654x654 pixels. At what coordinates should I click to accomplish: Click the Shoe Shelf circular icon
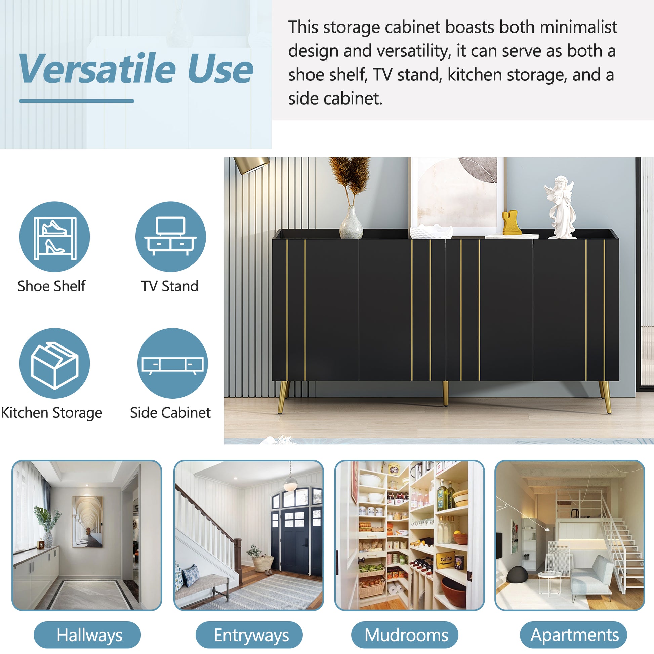pos(54,237)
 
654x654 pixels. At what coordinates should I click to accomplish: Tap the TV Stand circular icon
pos(171,237)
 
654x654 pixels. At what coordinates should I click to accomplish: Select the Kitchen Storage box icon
pos(54,363)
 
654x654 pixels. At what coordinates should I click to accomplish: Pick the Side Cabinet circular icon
pos(173,363)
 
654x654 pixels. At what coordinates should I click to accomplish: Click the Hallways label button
pos(87,635)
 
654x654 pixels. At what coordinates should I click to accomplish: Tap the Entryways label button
pos(249,635)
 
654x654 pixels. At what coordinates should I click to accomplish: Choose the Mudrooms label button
pos(405,635)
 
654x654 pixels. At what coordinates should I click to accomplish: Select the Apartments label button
pos(573,635)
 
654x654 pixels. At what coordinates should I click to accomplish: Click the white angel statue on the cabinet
pos(560,207)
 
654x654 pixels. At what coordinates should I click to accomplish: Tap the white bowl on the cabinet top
pos(431,232)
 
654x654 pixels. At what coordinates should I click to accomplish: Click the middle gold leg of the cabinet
pos(446,393)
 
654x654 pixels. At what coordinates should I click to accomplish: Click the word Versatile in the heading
pos(97,69)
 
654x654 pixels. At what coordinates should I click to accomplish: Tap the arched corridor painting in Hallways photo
pos(87,522)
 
